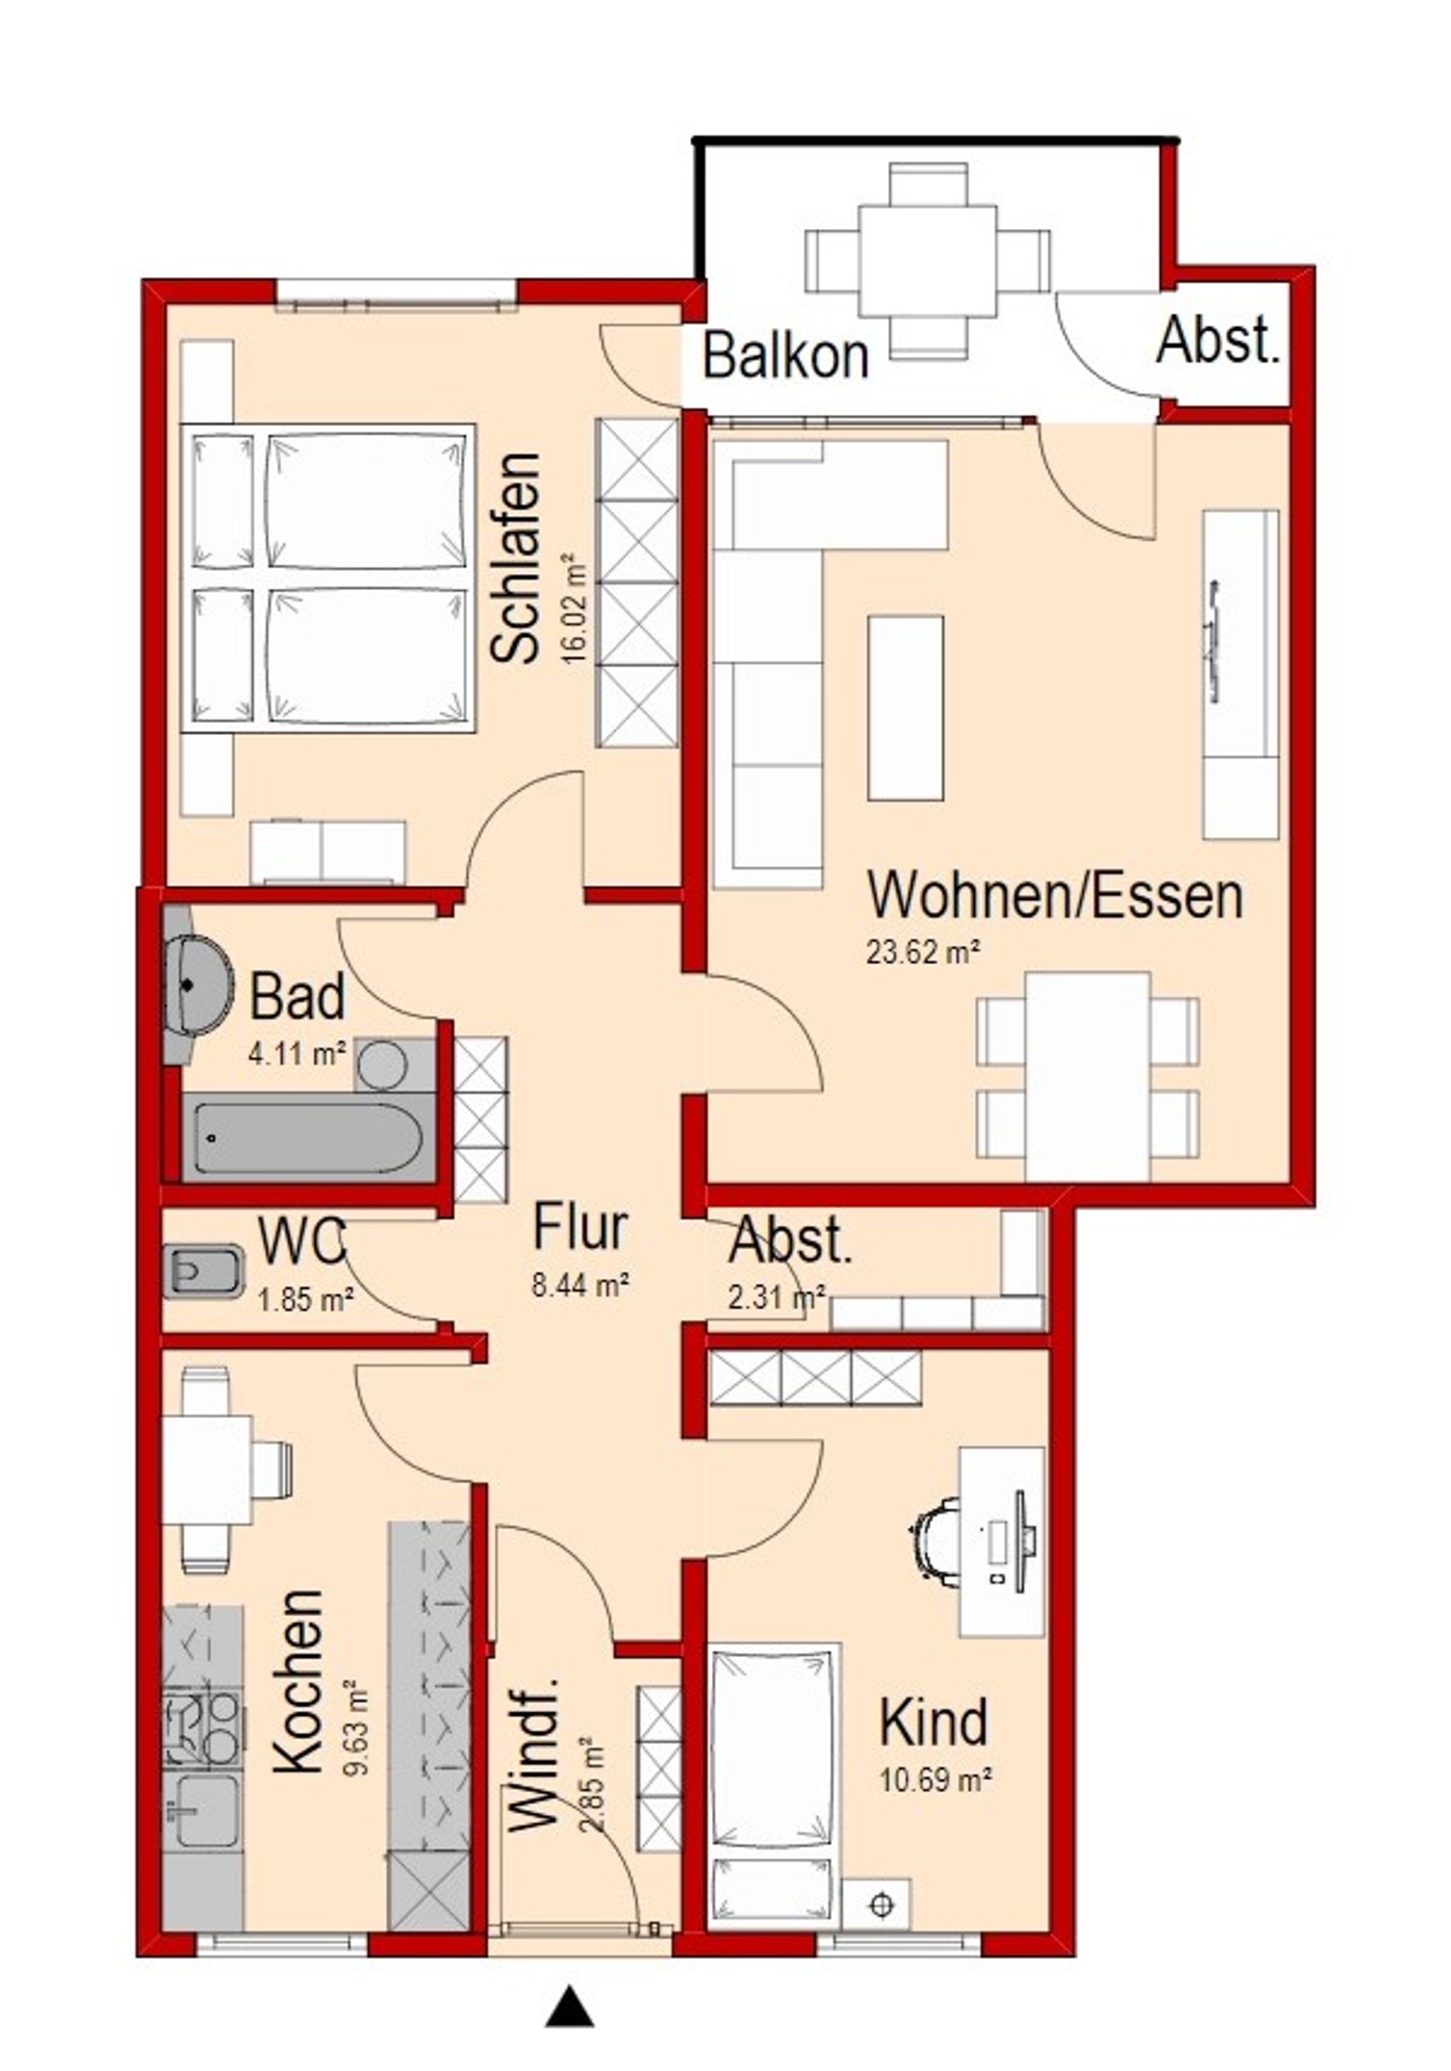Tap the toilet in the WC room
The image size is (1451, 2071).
(x=203, y=1272)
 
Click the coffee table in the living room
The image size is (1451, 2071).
(x=905, y=708)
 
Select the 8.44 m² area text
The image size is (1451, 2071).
(x=580, y=1284)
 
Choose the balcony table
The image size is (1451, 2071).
(x=927, y=261)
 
